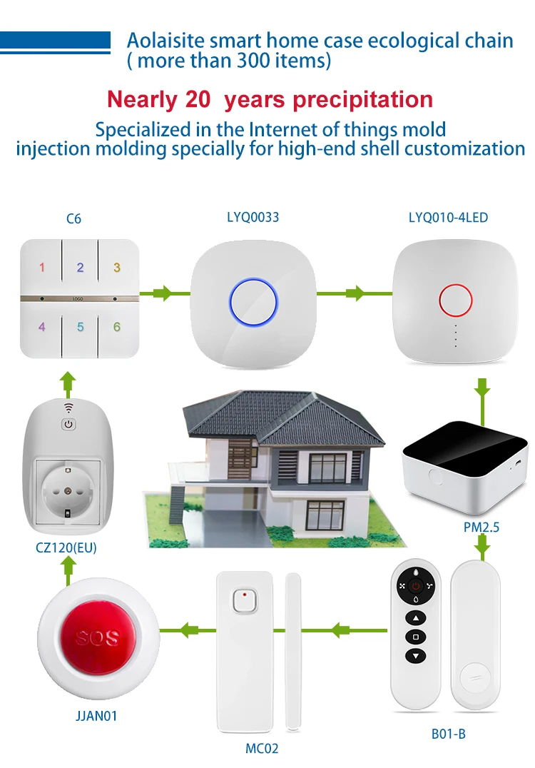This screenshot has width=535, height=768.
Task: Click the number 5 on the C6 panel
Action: [x=80, y=327]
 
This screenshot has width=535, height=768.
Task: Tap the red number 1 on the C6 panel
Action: [x=42, y=268]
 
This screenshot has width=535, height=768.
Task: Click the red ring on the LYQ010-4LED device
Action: [x=454, y=301]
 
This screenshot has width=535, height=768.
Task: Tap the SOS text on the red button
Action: [x=97, y=637]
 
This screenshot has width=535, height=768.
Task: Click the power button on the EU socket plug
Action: [x=68, y=424]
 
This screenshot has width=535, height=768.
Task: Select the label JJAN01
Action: [x=96, y=715]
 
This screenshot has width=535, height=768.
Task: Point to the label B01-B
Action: [x=449, y=733]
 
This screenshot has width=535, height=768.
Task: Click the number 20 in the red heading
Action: [x=197, y=99]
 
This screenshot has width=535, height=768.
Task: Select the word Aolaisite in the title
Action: [x=160, y=40]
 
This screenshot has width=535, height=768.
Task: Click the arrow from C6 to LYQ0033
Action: [x=163, y=293]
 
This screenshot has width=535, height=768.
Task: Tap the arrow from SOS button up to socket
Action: [x=68, y=570]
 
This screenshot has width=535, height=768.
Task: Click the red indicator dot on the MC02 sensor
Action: [x=244, y=593]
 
